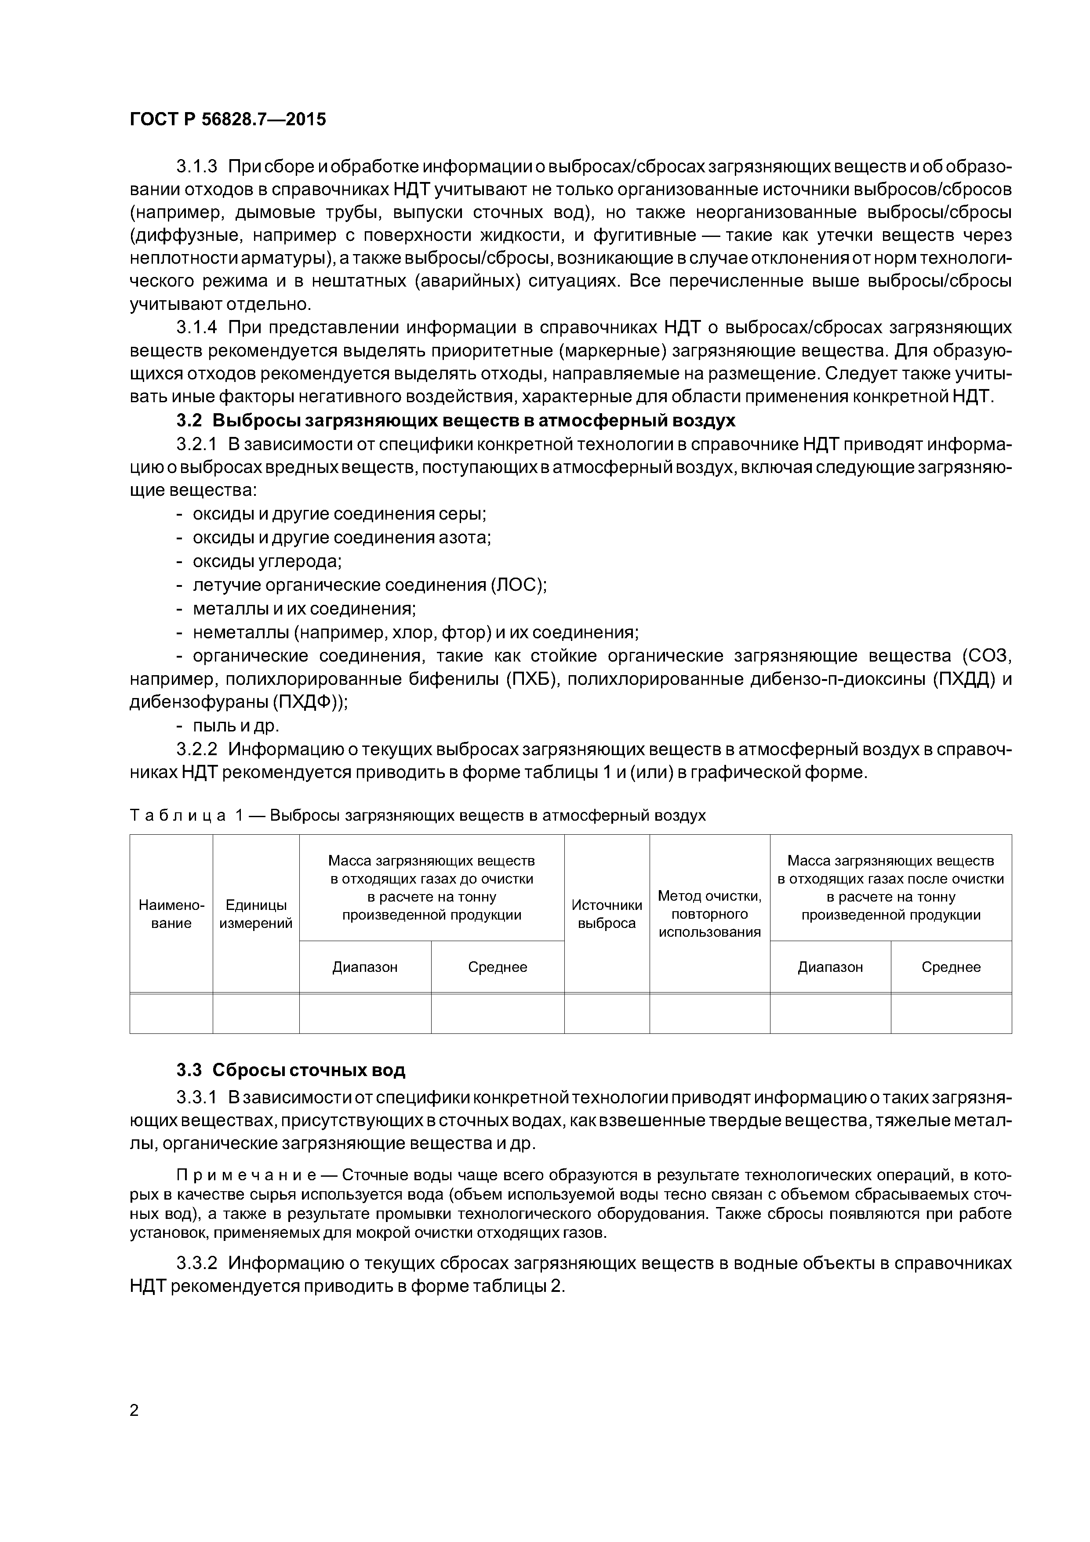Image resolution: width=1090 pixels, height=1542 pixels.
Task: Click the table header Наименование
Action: coord(171,914)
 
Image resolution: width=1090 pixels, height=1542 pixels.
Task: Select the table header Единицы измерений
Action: coord(256,914)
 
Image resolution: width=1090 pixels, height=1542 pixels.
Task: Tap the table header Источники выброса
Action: coord(607,914)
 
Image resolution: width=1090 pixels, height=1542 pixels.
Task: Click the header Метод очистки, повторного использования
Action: coord(709,913)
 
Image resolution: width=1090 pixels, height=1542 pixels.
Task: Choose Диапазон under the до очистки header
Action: coord(365,967)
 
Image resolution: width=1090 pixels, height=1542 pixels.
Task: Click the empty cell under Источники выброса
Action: coord(607,1014)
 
